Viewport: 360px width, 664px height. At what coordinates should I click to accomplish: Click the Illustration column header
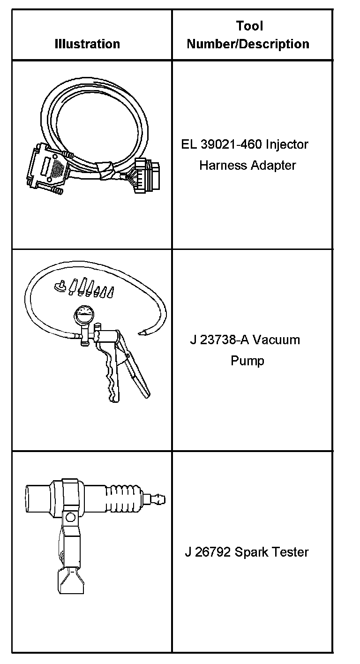click(x=87, y=44)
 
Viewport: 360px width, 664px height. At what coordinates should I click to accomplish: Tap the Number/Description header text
click(x=248, y=44)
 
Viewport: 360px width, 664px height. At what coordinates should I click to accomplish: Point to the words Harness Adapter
click(x=247, y=166)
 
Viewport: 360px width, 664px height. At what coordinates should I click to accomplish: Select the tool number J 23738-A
click(x=215, y=340)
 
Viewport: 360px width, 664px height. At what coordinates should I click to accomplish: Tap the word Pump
click(x=247, y=361)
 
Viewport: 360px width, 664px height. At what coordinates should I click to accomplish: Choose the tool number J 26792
click(x=207, y=552)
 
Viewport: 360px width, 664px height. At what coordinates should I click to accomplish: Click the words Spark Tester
click(x=272, y=552)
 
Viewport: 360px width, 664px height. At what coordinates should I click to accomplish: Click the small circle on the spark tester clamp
click(x=71, y=517)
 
